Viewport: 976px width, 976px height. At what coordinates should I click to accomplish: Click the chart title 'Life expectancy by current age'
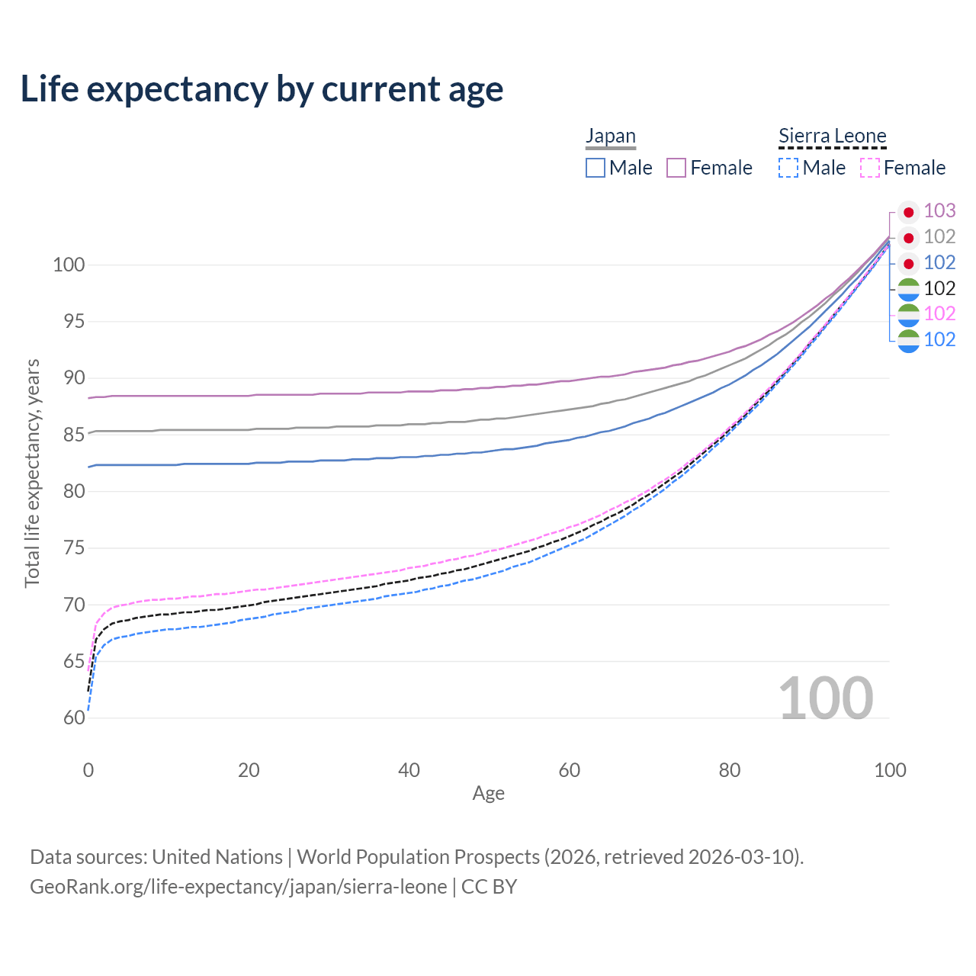(x=262, y=89)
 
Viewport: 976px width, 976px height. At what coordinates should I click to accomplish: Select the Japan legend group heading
(x=610, y=136)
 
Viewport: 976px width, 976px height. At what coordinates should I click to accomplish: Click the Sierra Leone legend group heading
(x=832, y=136)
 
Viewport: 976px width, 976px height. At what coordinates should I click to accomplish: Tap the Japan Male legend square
(x=596, y=168)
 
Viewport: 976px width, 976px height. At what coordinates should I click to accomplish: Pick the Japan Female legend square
(x=676, y=168)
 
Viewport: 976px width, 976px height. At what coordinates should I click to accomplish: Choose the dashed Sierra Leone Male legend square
(x=788, y=168)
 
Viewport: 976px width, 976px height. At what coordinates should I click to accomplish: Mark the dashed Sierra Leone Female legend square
(x=870, y=168)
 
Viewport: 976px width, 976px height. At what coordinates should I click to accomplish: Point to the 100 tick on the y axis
(x=68, y=265)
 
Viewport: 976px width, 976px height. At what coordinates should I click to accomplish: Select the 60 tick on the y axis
(x=73, y=718)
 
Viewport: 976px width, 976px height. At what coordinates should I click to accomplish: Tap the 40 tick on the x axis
(x=409, y=770)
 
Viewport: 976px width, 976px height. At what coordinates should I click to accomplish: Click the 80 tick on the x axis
(x=730, y=770)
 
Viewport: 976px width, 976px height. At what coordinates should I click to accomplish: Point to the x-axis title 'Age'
(x=488, y=794)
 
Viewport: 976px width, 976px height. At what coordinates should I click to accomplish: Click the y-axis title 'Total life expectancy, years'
(x=32, y=474)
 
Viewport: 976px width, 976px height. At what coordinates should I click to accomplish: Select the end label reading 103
(x=939, y=210)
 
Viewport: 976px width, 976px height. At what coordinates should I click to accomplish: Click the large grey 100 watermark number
(x=825, y=698)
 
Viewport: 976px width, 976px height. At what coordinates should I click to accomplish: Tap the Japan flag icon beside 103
(x=908, y=212)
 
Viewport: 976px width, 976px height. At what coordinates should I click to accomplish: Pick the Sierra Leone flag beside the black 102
(x=908, y=289)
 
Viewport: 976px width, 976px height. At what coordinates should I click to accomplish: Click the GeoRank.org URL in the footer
(x=239, y=887)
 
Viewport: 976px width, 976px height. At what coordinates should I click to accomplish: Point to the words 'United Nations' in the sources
(x=217, y=857)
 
